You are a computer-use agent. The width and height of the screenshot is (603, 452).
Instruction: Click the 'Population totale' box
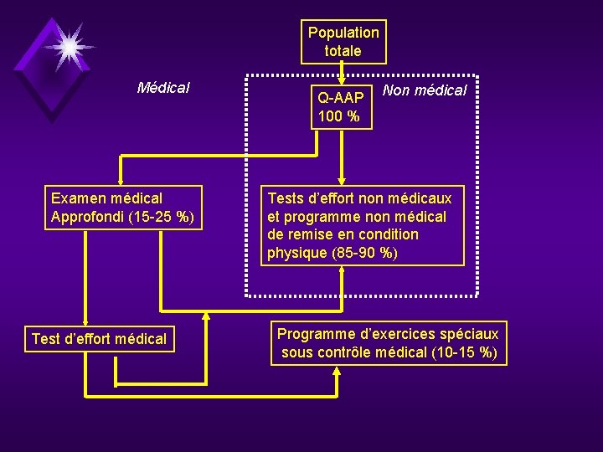(x=343, y=42)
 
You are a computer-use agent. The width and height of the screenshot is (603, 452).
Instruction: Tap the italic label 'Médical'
(x=163, y=87)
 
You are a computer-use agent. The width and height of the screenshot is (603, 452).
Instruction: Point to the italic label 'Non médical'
(x=424, y=90)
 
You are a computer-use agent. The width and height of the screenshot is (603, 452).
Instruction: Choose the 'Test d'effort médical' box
(x=100, y=339)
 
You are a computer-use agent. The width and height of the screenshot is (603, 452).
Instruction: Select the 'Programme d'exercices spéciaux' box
(x=388, y=343)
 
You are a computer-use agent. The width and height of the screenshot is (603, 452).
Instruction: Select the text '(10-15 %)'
(x=465, y=352)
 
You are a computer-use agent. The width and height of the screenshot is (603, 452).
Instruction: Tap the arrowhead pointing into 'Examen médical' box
(x=121, y=177)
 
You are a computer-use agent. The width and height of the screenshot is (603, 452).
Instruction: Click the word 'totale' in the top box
(x=343, y=51)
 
